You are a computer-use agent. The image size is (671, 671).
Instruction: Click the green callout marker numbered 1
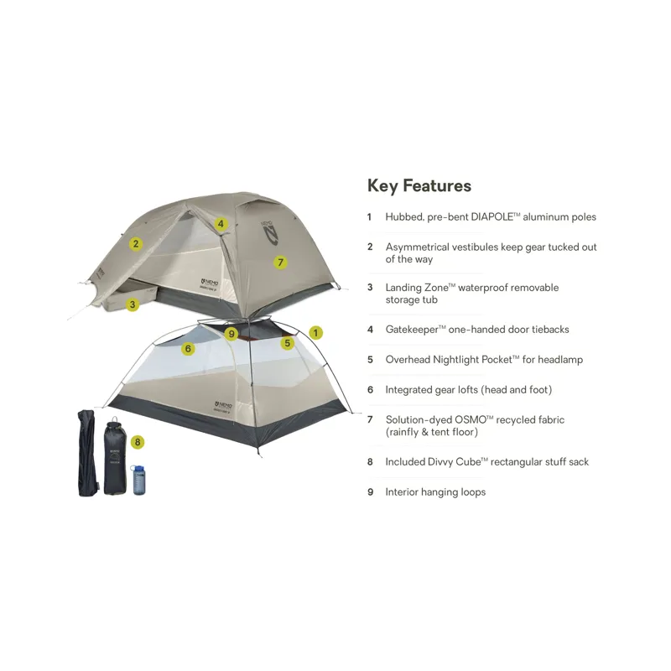coord(315,332)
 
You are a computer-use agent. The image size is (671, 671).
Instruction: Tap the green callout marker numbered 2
coord(135,244)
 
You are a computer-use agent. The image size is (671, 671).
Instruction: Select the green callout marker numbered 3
coord(133,304)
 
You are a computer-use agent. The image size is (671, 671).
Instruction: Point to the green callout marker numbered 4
coord(221,224)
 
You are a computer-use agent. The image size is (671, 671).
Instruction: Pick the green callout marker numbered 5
coord(288,342)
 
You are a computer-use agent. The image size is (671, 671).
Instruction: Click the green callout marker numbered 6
coord(188,349)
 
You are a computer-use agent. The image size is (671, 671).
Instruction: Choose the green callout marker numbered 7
coord(281,262)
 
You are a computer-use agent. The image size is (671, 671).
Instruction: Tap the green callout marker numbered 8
coord(138,441)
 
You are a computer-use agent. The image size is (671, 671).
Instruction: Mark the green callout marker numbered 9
coord(233,335)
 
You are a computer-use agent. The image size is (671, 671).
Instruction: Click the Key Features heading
coord(419,185)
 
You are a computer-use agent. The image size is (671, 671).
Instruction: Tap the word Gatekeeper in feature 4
coord(416,330)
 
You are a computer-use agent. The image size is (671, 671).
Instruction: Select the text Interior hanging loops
coord(434,492)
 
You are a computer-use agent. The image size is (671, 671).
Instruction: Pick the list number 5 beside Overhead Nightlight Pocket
coord(369,360)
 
